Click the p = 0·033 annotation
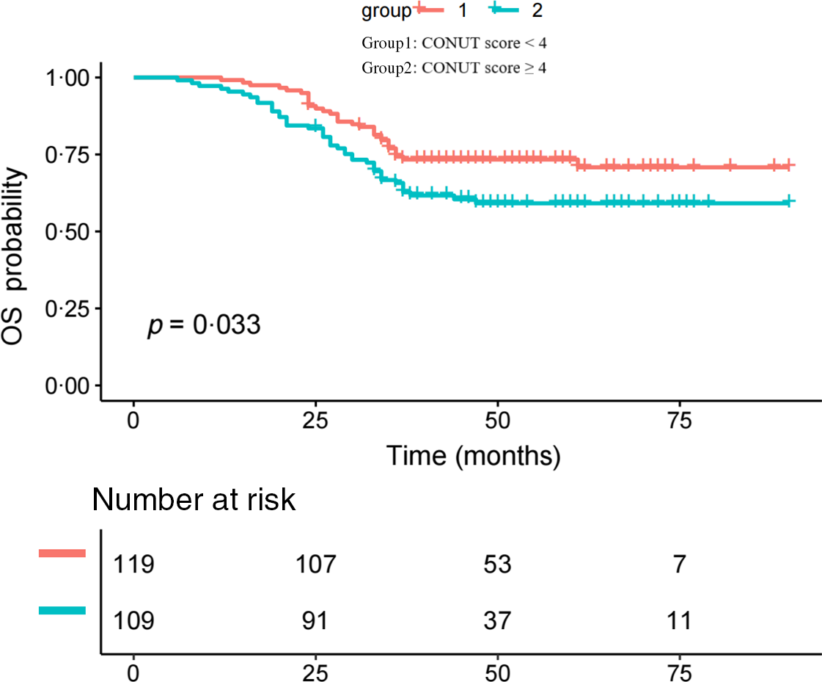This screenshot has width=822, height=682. click(204, 324)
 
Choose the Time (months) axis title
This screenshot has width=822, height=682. click(473, 456)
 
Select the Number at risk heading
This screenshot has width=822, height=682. click(194, 500)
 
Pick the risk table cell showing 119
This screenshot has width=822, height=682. click(133, 565)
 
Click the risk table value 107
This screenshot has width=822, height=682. click(315, 565)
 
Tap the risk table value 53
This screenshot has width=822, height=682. click(497, 565)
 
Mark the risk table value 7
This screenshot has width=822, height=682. click(680, 565)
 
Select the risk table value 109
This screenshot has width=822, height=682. click(133, 621)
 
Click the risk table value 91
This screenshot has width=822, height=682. click(315, 621)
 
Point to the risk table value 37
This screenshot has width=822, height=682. click(497, 621)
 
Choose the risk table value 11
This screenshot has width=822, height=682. click(680, 621)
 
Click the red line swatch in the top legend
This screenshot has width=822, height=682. click(430, 10)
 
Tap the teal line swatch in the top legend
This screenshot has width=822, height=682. click(505, 10)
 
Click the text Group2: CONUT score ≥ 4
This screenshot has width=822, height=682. click(454, 68)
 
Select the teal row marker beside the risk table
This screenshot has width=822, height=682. click(62, 610)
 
